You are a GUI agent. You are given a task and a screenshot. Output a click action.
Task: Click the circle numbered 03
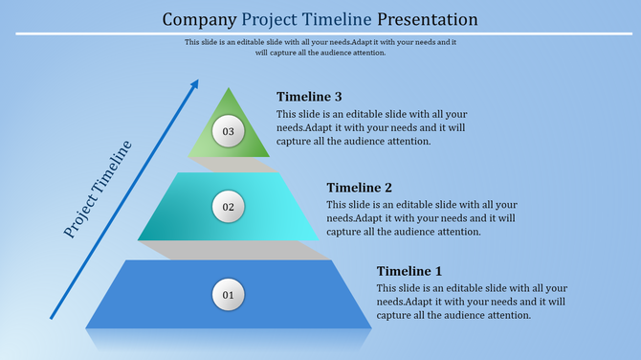click(x=228, y=131)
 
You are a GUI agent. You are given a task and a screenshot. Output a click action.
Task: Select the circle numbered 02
click(x=228, y=206)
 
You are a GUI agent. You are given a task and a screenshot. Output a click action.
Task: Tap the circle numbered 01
click(x=228, y=295)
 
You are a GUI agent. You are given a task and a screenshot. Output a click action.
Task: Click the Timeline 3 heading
click(x=309, y=97)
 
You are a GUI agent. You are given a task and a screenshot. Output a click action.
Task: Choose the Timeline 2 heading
click(x=359, y=188)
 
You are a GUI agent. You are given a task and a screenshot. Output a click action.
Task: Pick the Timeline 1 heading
click(x=409, y=271)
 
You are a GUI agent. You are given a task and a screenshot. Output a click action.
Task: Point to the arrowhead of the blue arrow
click(x=194, y=84)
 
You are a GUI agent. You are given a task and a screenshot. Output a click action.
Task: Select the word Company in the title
click(x=200, y=19)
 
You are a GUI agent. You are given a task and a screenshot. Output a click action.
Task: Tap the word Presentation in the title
click(x=427, y=19)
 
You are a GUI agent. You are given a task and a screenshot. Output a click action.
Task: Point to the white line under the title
click(x=320, y=34)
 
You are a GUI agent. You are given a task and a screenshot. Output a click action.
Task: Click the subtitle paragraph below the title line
click(x=320, y=47)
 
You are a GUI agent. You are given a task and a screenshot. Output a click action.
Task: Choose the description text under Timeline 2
click(x=421, y=217)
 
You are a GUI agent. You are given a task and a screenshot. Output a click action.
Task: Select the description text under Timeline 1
click(x=471, y=302)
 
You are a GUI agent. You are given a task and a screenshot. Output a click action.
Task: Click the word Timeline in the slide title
click(x=340, y=19)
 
